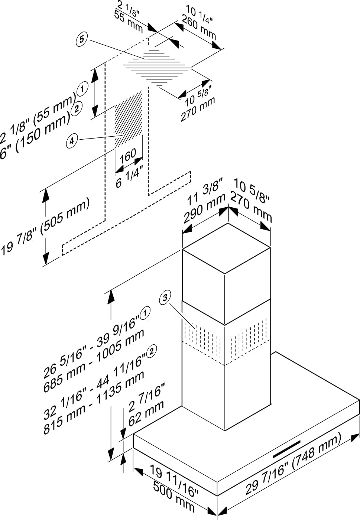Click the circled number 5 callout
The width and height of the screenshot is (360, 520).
click(x=82, y=39)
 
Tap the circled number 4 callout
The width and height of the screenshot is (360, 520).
click(x=72, y=141)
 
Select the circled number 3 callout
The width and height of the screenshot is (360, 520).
click(x=165, y=298)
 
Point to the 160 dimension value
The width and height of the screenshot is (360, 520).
click(x=127, y=156)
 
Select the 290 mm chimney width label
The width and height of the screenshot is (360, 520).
click(x=204, y=208)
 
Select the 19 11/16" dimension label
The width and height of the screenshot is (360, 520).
click(x=175, y=480)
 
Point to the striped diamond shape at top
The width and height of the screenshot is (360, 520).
click(x=157, y=68)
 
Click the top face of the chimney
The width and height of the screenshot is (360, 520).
click(x=226, y=248)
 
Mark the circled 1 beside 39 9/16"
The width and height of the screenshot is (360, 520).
click(x=145, y=312)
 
